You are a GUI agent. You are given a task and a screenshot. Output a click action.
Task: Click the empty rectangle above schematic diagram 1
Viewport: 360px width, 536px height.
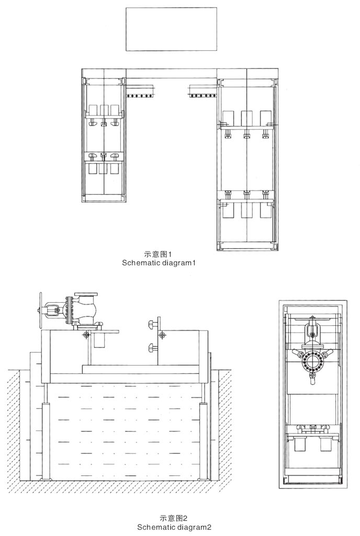coord(171,29)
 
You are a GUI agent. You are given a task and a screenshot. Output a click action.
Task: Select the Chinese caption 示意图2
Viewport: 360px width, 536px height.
coord(174,519)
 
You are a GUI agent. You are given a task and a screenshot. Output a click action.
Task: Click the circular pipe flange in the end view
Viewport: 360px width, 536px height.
coord(313,361)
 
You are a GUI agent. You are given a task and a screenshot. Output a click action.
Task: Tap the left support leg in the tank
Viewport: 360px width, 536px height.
coord(46,439)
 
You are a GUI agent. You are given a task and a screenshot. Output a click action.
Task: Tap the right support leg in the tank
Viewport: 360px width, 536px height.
coord(204,439)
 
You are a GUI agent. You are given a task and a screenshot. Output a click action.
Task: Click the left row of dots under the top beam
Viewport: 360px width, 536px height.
coord(141,96)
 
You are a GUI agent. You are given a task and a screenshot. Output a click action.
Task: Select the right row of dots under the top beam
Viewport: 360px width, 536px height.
coord(203,96)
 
